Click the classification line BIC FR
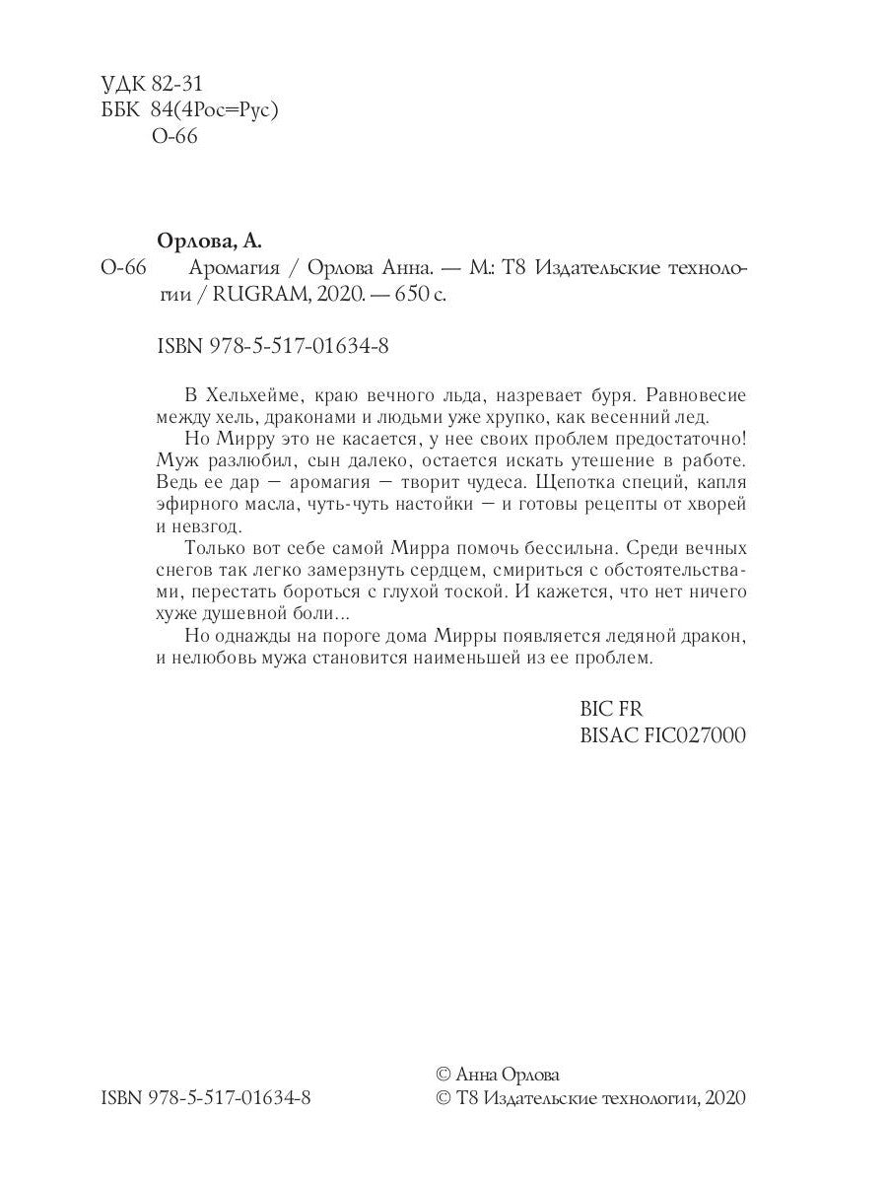[x=612, y=710]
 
